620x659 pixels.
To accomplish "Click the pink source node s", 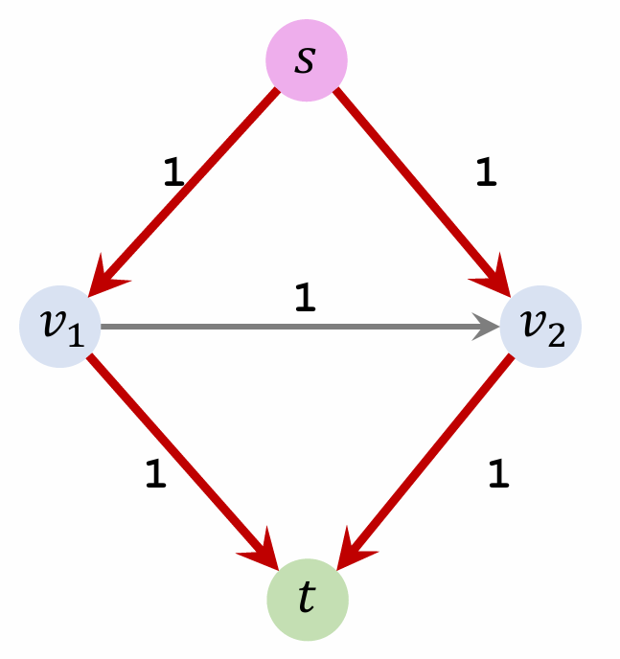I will pyautogui.click(x=306, y=60).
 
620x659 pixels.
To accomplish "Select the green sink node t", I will pyautogui.click(x=307, y=600).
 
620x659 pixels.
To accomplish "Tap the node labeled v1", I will pyautogui.click(x=59, y=328).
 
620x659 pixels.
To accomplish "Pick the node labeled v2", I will pyautogui.click(x=539, y=328).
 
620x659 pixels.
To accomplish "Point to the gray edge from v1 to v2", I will pyautogui.click(x=287, y=328).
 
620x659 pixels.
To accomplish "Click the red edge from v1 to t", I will pyautogui.click(x=172, y=450).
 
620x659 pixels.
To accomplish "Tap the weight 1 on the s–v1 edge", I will pyautogui.click(x=173, y=171).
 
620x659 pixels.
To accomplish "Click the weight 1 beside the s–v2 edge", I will pyautogui.click(x=486, y=170).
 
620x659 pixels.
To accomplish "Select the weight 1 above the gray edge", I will pyautogui.click(x=305, y=300).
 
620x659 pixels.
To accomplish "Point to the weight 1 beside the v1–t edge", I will pyautogui.click(x=155, y=475).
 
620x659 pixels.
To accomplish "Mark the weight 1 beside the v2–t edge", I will pyautogui.click(x=497, y=475).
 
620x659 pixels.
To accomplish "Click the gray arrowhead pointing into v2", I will pyautogui.click(x=489, y=328).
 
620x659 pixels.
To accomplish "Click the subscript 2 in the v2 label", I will pyautogui.click(x=556, y=336).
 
